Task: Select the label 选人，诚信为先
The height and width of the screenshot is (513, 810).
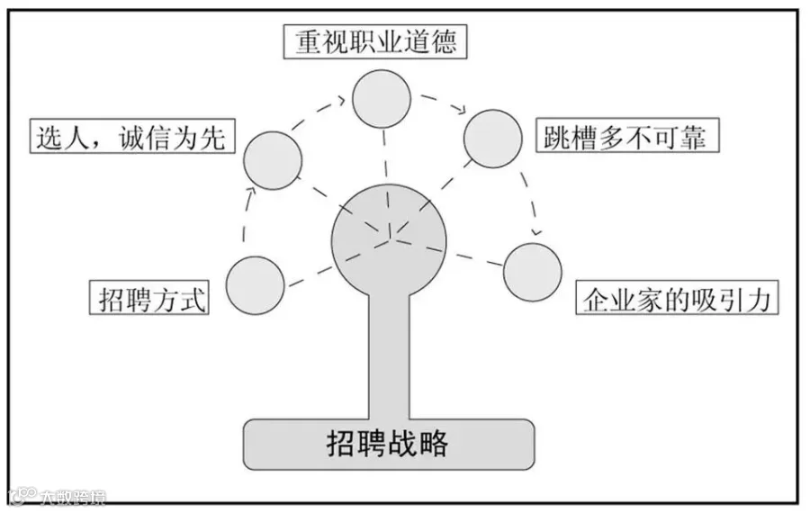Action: (131, 138)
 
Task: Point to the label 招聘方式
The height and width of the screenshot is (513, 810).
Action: (149, 297)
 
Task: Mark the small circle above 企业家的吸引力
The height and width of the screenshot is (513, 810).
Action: (532, 271)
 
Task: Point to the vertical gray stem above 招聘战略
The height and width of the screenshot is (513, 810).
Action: (389, 360)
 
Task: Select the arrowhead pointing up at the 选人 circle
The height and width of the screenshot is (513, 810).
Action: (252, 186)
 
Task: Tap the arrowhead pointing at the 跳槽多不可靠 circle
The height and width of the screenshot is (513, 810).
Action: (462, 110)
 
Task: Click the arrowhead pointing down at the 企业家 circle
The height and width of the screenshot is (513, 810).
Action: (537, 234)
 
